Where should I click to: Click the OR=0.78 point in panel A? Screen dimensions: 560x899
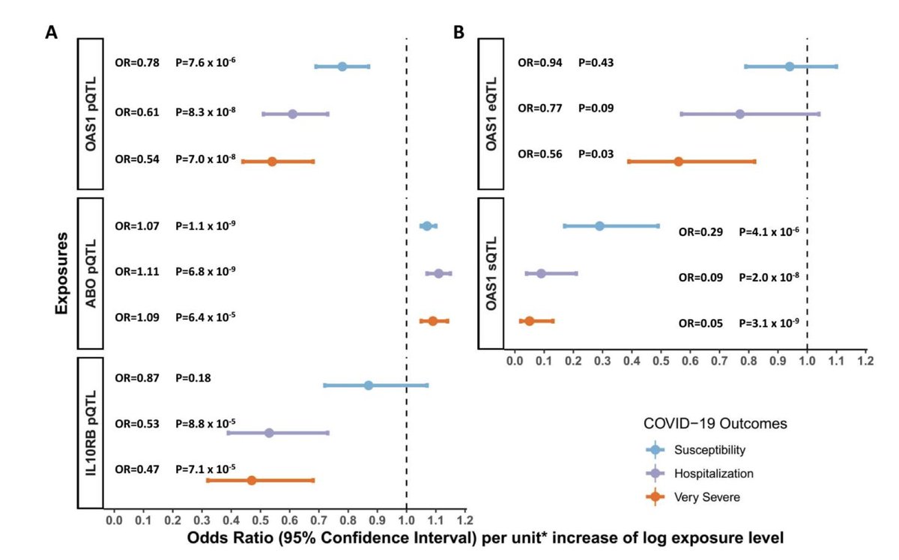click(x=342, y=67)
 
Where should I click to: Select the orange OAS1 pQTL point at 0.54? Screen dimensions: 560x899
click(x=272, y=162)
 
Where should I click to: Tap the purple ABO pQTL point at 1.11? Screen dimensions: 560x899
click(x=438, y=274)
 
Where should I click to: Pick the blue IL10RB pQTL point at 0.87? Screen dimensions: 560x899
click(x=368, y=386)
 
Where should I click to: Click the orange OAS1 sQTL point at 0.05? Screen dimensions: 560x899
click(x=529, y=321)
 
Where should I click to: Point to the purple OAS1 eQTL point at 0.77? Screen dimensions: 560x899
click(x=739, y=114)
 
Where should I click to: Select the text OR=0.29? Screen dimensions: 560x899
click(x=700, y=232)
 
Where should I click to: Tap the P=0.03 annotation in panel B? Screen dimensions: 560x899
click(x=596, y=154)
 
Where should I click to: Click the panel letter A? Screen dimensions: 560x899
click(x=51, y=33)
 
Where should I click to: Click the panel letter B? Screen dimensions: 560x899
click(x=458, y=33)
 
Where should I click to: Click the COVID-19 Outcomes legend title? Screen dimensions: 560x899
click(x=715, y=424)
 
